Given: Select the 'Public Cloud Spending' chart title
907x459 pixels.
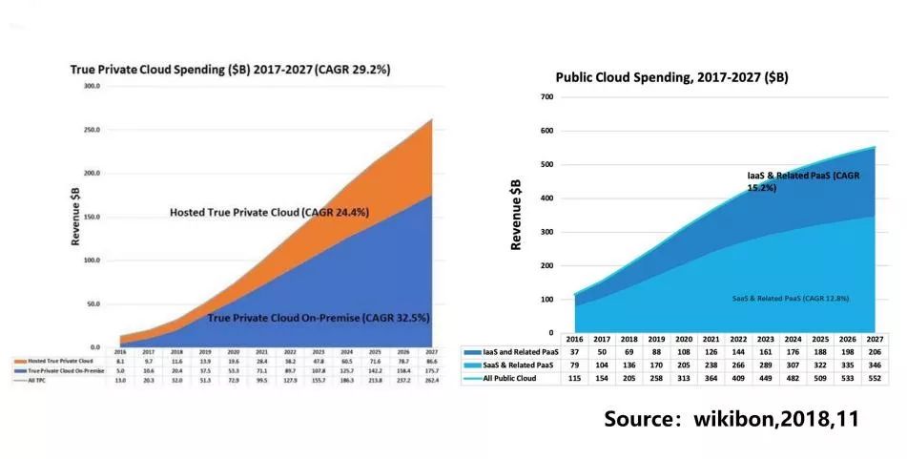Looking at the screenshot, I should (671, 77).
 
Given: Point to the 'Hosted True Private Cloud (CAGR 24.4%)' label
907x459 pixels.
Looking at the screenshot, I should (269, 212).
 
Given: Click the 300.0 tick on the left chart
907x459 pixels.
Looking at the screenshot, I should (92, 86).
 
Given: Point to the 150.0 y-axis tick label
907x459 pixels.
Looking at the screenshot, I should (92, 217).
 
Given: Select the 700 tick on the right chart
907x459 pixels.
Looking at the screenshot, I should (546, 97).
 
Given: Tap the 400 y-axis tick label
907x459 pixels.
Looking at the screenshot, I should (546, 198).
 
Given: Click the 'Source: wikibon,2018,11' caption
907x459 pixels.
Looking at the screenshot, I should (732, 419).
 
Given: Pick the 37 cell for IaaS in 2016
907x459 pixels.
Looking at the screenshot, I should (575, 352).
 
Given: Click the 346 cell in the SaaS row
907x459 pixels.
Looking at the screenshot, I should (871, 365).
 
